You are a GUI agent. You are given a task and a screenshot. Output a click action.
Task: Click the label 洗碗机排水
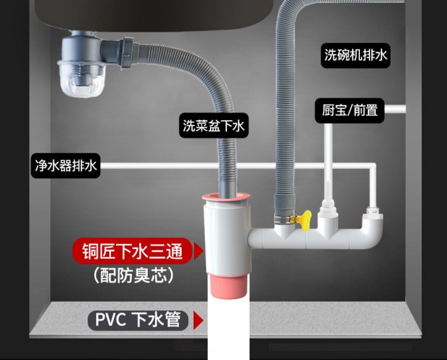(x=356, y=56)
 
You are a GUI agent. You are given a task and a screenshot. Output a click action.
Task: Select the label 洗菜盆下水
(x=213, y=125)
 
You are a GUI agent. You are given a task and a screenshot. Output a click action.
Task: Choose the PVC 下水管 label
(x=138, y=320)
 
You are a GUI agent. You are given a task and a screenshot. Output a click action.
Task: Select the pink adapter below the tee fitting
(x=228, y=285)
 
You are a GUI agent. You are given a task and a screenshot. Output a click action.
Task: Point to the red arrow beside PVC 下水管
(x=198, y=321)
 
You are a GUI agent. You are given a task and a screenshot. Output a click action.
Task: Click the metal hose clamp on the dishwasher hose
(x=283, y=219)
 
